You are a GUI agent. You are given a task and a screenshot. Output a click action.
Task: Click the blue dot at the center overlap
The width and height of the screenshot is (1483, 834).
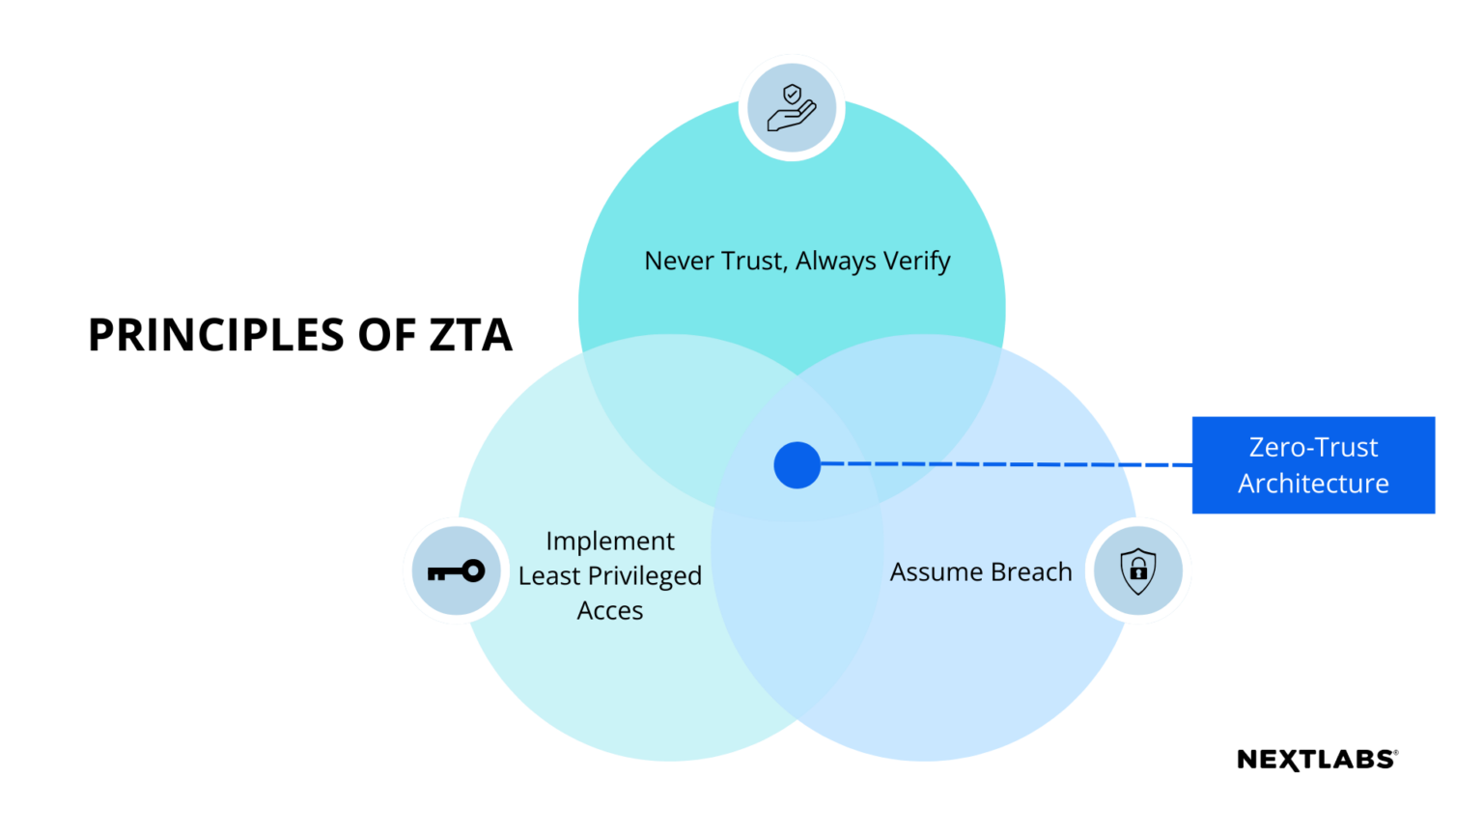[797, 465]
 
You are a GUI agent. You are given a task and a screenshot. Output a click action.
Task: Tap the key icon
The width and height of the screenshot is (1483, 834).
[456, 571]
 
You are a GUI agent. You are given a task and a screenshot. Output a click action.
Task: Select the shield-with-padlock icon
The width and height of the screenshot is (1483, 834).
[1138, 570]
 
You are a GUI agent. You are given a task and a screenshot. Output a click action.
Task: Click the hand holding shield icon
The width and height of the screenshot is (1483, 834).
[791, 107]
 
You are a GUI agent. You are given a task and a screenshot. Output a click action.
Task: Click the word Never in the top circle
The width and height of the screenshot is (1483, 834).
[679, 261]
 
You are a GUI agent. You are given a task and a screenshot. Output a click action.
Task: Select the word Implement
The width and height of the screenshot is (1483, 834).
[610, 542]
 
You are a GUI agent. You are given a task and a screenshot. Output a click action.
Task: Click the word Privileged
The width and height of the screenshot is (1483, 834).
[644, 576]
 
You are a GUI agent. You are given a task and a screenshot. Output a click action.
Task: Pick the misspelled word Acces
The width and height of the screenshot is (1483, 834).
[610, 611]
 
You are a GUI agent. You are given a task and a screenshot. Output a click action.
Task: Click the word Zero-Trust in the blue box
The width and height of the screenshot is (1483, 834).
[1313, 448]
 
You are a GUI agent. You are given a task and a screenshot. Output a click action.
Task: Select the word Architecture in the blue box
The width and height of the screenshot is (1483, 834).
[1313, 484]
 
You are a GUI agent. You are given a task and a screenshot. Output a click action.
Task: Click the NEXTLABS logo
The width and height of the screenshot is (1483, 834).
[1317, 760]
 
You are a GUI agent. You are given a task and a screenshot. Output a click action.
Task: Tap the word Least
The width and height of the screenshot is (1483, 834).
[548, 576]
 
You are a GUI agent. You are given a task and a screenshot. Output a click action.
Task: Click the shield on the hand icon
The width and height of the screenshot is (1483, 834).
[793, 95]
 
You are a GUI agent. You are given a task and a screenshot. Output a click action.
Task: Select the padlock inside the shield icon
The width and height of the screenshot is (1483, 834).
[1138, 571]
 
